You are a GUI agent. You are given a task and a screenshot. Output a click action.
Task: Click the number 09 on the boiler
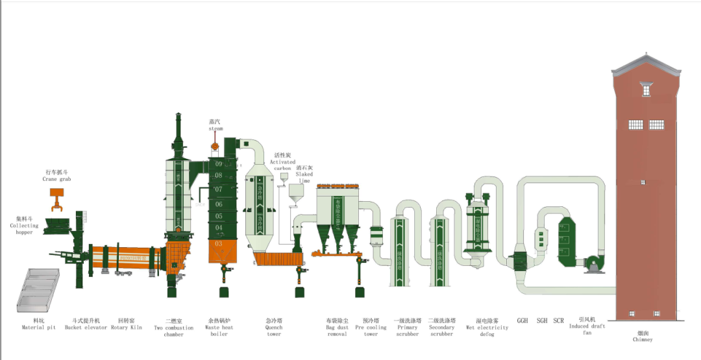(x=219, y=164)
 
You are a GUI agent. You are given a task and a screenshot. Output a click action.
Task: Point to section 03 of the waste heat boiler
(x=219, y=243)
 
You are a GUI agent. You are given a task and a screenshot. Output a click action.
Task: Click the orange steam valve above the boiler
(x=215, y=146)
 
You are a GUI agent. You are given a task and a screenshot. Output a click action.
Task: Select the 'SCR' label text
(x=559, y=320)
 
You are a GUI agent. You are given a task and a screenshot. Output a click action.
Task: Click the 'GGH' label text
(x=523, y=320)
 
